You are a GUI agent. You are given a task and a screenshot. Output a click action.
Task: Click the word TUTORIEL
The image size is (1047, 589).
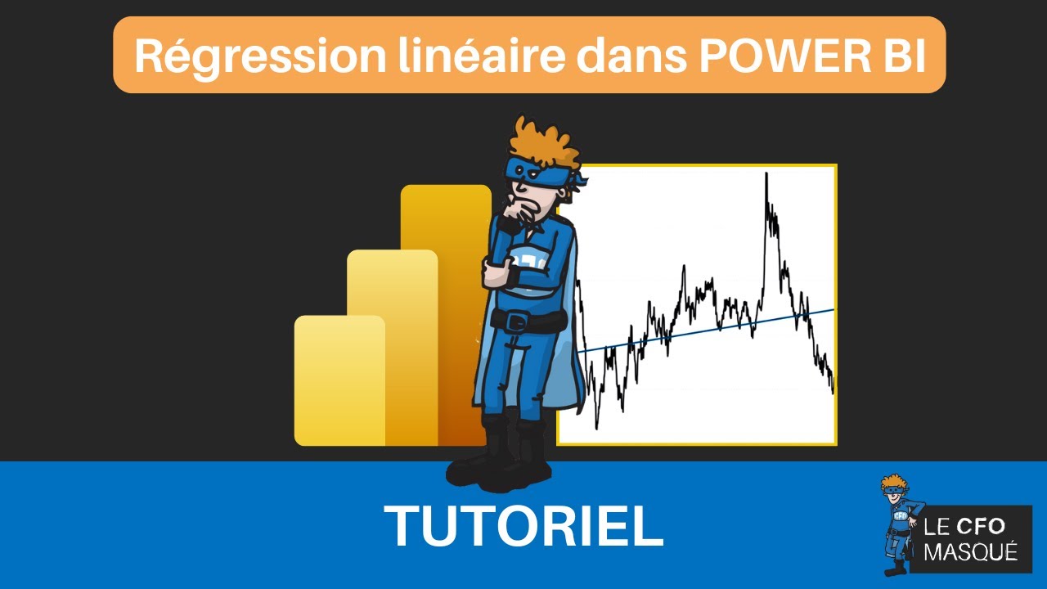pyautogui.click(x=523, y=526)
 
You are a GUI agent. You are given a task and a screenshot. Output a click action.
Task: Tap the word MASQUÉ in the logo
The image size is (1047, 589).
pyautogui.click(x=970, y=552)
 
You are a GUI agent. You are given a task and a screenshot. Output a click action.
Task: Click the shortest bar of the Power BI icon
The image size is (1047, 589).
pyautogui.click(x=339, y=380)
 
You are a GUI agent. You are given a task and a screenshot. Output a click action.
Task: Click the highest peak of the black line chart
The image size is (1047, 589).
pyautogui.click(x=766, y=175)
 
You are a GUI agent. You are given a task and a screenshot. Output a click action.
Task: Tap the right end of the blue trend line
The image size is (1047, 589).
pyautogui.click(x=832, y=310)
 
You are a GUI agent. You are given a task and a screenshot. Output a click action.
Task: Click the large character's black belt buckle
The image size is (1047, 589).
pyautogui.click(x=516, y=322)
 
